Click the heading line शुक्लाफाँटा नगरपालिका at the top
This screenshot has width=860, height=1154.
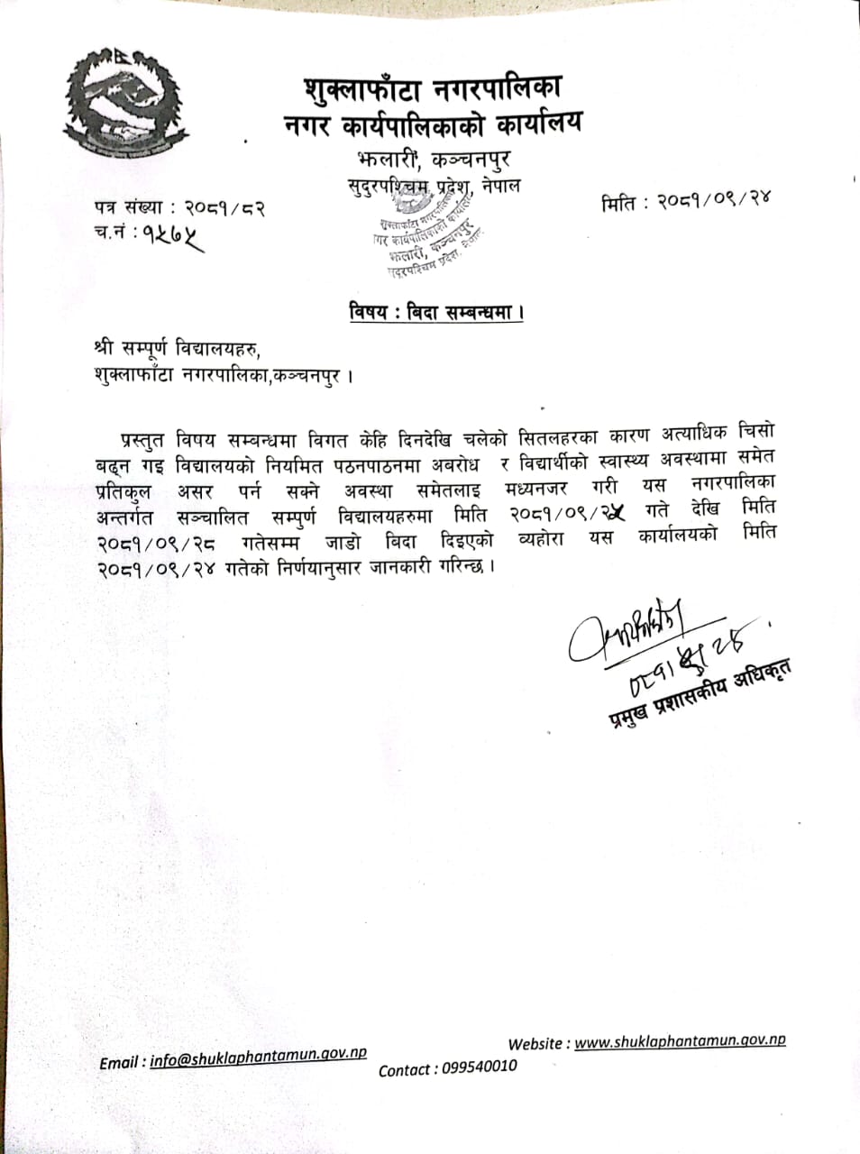tap(433, 89)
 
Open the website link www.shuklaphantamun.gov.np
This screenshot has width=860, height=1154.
tap(680, 1040)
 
